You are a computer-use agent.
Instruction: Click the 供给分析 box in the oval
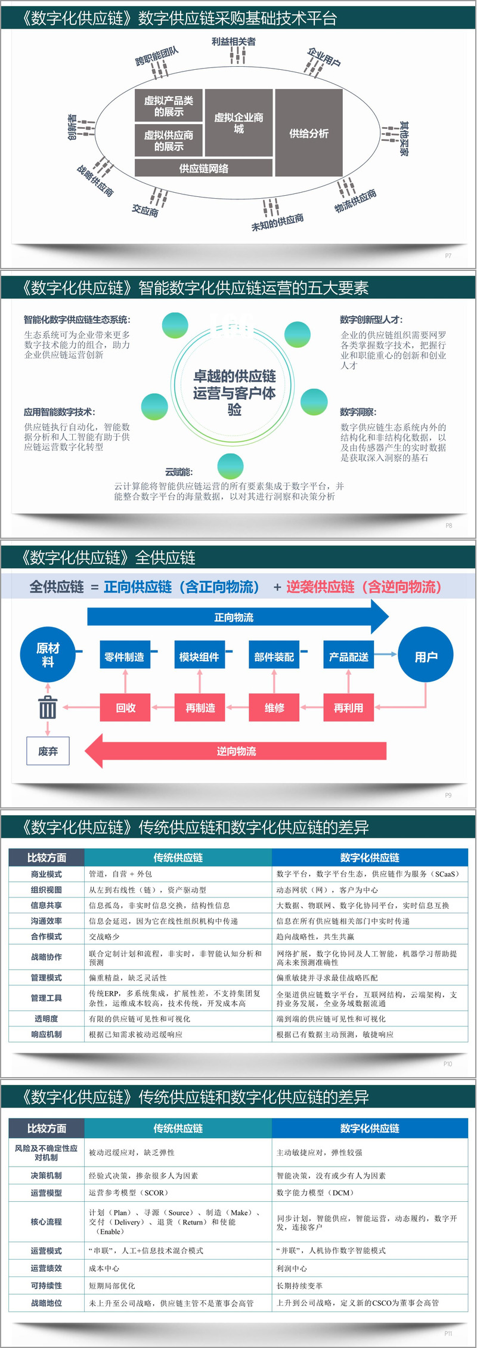[x=308, y=133]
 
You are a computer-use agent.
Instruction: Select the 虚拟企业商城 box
[x=238, y=123]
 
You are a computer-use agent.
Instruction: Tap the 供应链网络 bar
[x=203, y=168]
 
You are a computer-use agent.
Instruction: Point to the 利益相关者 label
[x=233, y=42]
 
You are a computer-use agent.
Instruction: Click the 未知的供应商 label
[x=277, y=222]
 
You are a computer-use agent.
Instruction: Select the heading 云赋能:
[x=179, y=471]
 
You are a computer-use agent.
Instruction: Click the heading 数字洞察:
[x=358, y=412]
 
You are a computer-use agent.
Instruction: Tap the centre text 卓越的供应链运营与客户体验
[x=234, y=392]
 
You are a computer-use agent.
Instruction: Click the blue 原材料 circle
[x=48, y=655]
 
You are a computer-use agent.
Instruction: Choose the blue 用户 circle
[x=426, y=656]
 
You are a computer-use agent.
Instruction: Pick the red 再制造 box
[x=200, y=708]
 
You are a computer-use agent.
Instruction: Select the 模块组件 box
[x=199, y=656]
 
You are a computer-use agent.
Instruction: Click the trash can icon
[x=48, y=708]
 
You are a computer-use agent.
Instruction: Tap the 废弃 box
[x=48, y=751]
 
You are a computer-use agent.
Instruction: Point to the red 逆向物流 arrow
[x=236, y=751]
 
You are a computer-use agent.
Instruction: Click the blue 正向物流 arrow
[x=234, y=617]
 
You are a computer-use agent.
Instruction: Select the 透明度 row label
[x=47, y=1019]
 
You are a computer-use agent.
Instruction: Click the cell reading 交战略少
[x=104, y=936]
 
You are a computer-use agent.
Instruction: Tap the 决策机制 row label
[x=47, y=1175]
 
